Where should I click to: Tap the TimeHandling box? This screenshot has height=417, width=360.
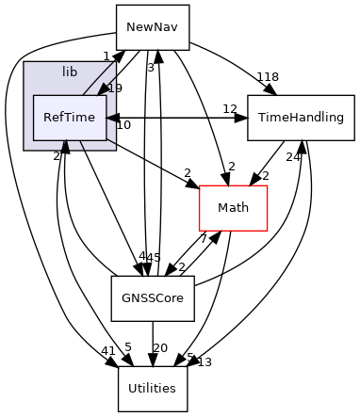(x=302, y=118)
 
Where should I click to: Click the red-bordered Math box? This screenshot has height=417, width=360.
(x=233, y=207)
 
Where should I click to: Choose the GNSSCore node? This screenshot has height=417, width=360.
(x=153, y=297)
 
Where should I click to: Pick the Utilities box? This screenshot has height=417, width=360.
(x=153, y=387)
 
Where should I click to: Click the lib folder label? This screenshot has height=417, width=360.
(x=70, y=72)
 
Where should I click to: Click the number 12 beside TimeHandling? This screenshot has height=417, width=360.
(x=229, y=109)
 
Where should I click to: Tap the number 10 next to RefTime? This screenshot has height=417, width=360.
(x=123, y=124)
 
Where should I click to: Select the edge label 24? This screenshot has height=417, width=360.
(x=293, y=157)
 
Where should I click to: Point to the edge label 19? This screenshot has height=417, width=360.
(x=115, y=88)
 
